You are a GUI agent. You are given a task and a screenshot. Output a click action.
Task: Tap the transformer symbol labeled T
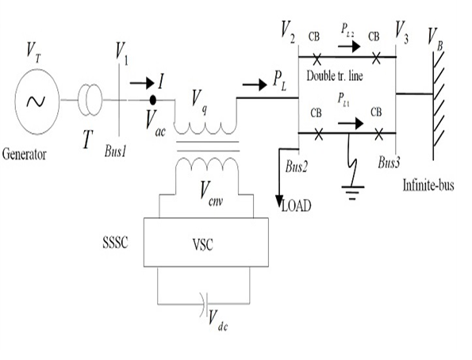(x=90, y=100)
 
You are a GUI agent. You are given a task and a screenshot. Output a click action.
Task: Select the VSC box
(x=206, y=243)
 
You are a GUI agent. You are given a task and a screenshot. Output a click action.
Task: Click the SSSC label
(x=115, y=243)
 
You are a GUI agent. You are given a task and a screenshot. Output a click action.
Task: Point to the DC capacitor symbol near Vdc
(x=205, y=304)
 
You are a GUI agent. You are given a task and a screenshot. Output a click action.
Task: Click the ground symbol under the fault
(x=352, y=193)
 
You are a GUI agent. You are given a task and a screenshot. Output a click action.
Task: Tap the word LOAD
(x=296, y=206)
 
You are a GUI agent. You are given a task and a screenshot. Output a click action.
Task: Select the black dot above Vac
(x=153, y=100)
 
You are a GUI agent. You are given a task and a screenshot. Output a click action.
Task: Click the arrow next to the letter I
(x=142, y=82)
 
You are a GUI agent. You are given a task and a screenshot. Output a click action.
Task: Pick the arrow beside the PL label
(x=255, y=85)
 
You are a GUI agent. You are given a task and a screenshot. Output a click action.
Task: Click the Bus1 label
(x=115, y=151)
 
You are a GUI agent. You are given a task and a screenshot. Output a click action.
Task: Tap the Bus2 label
(x=296, y=167)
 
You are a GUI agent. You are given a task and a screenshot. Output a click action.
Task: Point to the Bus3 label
(x=389, y=163)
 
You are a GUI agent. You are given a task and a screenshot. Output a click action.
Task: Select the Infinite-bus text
(x=428, y=185)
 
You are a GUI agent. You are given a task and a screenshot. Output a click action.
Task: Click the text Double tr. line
(x=335, y=75)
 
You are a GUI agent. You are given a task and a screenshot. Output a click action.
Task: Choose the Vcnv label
(x=213, y=194)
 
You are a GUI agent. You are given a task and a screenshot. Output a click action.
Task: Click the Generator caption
(x=25, y=155)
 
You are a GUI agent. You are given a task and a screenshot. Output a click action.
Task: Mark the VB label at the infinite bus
(x=436, y=39)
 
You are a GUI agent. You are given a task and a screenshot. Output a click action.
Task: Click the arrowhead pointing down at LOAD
(x=280, y=201)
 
